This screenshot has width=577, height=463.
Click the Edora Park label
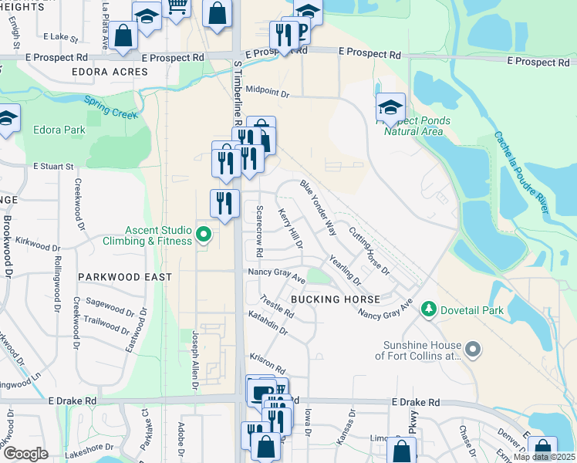(59, 130)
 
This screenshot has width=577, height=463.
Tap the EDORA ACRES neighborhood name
(109, 72)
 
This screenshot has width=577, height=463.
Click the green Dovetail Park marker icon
(428, 309)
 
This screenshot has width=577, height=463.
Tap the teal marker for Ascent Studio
(204, 234)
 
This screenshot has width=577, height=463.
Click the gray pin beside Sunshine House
(474, 350)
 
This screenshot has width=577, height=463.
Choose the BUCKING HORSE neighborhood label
(335, 299)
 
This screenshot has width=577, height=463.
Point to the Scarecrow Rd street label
(260, 231)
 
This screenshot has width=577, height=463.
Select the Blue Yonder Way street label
(319, 208)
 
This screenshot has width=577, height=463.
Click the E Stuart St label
(53, 166)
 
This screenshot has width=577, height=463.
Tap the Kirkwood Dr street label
(37, 245)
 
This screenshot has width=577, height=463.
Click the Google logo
(25, 454)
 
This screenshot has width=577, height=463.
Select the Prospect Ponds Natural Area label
(413, 126)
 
